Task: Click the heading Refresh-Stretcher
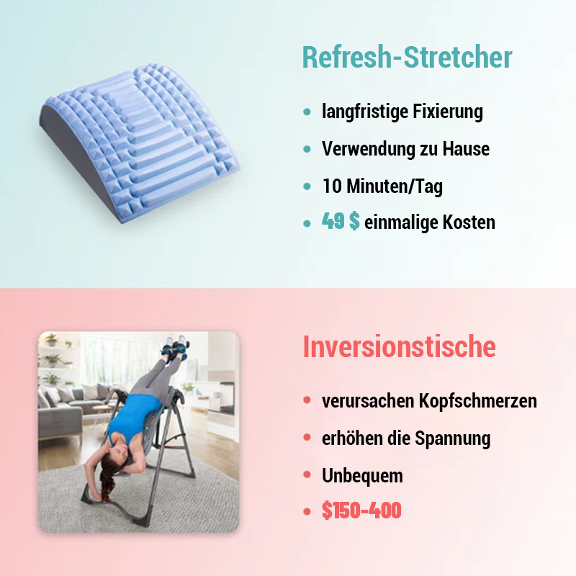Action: pyautogui.click(x=407, y=58)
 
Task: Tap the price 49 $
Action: pyautogui.click(x=341, y=222)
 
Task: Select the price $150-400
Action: pyautogui.click(x=361, y=511)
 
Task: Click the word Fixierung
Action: pyautogui.click(x=449, y=112)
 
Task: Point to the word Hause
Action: pyautogui.click(x=465, y=149)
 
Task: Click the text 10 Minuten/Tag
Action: pyautogui.click(x=382, y=186)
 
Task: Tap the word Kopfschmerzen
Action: pyautogui.click(x=478, y=401)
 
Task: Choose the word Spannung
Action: pyautogui.click(x=453, y=438)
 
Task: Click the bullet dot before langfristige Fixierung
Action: pyautogui.click(x=307, y=112)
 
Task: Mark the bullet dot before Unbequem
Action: pyautogui.click(x=307, y=475)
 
